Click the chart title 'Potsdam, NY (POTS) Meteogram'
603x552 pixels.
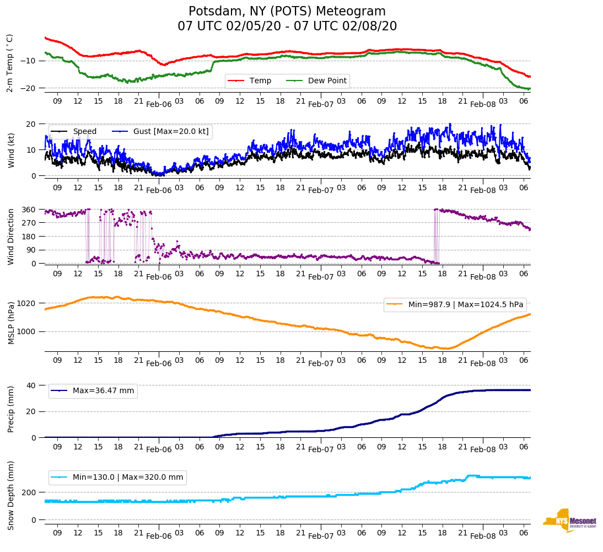(287, 12)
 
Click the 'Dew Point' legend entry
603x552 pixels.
(327, 81)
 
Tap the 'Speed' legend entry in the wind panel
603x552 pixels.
(84, 132)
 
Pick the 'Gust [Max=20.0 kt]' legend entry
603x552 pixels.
(171, 132)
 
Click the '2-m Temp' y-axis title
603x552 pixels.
(9, 63)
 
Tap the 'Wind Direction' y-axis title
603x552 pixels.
(10, 237)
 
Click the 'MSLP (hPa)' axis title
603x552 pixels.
(10, 323)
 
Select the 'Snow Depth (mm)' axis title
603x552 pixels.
(10, 495)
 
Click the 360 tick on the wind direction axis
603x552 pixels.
(29, 210)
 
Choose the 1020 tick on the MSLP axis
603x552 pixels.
(26, 303)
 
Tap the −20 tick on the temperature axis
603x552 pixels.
(28, 88)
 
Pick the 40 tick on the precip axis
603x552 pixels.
(31, 385)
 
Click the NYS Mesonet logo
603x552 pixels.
(569, 520)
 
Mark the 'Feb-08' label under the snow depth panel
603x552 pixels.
(483, 536)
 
